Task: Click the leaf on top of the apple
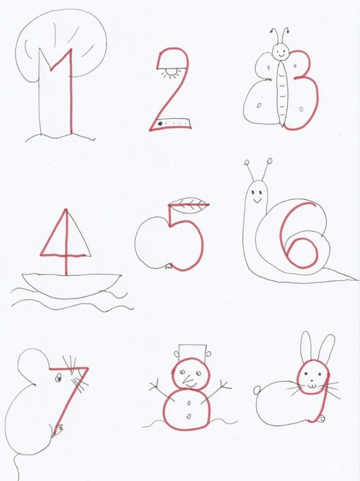pyautogui.click(x=189, y=204)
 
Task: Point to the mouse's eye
pyautogui.click(x=58, y=378)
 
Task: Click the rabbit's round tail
pyautogui.click(x=257, y=390)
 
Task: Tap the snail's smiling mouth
pyautogui.click(x=257, y=201)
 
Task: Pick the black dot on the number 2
pyautogui.click(x=160, y=124)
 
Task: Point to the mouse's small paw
pyautogui.click(x=58, y=430)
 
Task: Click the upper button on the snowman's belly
pyautogui.click(x=189, y=403)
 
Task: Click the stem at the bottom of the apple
pyautogui.click(x=169, y=266)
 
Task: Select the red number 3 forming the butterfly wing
pyautogui.click(x=304, y=91)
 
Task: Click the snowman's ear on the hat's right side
pyautogui.click(x=208, y=354)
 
